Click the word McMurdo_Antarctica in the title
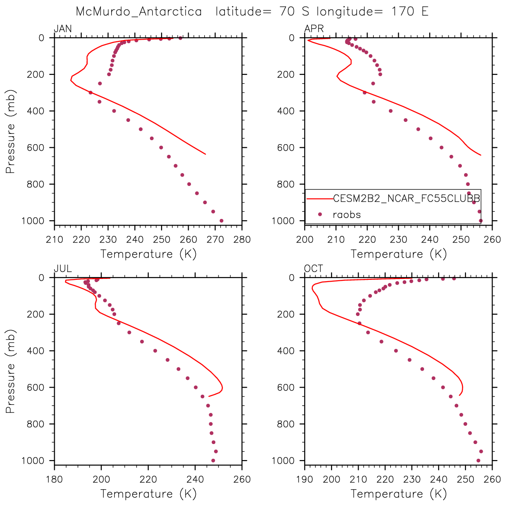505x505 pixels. click(x=139, y=12)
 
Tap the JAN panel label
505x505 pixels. click(x=63, y=29)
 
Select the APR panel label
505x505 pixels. click(x=314, y=29)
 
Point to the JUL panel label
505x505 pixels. click(x=63, y=269)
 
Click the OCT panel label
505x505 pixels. click(x=314, y=269)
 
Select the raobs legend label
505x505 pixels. click(x=347, y=214)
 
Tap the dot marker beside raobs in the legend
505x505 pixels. click(x=319, y=214)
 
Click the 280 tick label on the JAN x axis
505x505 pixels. click(x=242, y=239)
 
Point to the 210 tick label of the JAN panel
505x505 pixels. click(x=55, y=239)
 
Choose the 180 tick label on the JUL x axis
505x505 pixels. click(x=55, y=479)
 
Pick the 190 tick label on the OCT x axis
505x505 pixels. click(x=305, y=479)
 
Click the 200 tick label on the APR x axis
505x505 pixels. click(x=305, y=239)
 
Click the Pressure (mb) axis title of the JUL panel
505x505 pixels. click(x=11, y=369)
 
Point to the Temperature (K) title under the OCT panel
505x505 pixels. click(x=399, y=493)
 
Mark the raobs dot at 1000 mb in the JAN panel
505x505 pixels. click(x=221, y=221)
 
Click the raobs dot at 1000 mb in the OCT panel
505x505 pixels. click(x=478, y=461)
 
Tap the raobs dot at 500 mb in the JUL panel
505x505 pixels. click(x=178, y=369)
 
